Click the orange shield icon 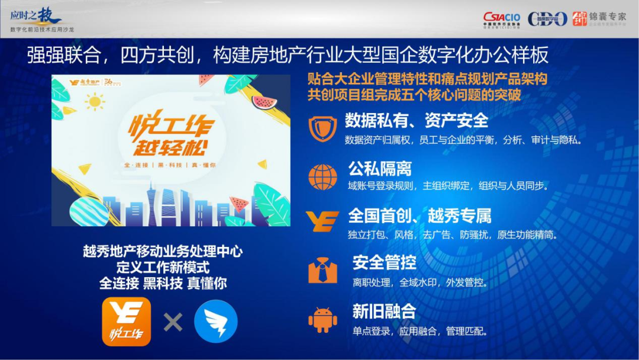(322, 128)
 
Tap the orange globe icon (322, 176)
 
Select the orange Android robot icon (322, 320)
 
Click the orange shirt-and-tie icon (322, 271)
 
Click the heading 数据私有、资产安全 (417, 121)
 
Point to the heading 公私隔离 (379, 169)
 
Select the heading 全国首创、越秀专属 (419, 215)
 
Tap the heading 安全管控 (384, 262)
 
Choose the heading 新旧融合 (384, 311)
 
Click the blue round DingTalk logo (216, 322)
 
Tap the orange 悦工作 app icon (127, 322)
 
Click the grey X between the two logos (173, 322)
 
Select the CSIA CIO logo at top (501, 20)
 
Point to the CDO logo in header (547, 19)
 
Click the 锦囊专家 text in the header (607, 17)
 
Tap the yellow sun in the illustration (94, 102)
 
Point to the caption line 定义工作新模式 (163, 267)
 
